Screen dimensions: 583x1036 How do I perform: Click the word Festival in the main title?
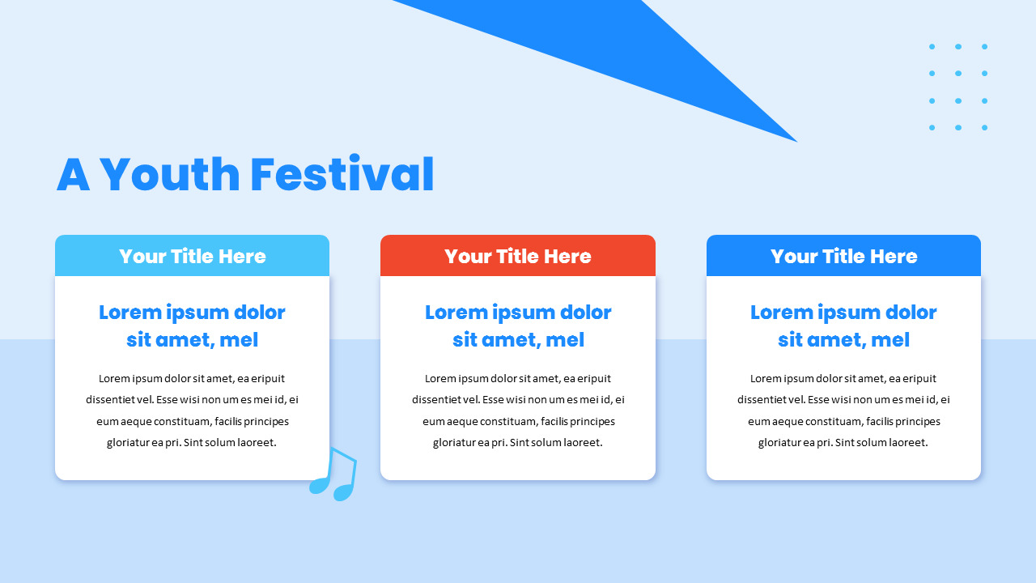tap(342, 175)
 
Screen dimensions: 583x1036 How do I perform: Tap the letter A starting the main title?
tap(73, 175)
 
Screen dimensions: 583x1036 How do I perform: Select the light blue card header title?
tap(193, 257)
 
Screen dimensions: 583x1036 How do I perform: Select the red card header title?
tap(518, 257)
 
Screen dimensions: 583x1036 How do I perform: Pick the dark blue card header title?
tap(843, 257)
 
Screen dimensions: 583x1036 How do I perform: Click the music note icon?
tap(334, 474)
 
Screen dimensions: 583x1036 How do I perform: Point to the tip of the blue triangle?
tap(795, 140)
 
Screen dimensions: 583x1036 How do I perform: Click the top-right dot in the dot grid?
tap(984, 47)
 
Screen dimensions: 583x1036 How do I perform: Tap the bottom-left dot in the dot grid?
tap(932, 127)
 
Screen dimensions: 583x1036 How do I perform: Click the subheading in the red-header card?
tap(518, 326)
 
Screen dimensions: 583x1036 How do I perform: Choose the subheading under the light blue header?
tap(193, 326)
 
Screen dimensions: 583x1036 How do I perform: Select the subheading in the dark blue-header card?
tap(843, 326)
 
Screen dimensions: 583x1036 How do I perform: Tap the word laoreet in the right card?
tap(901, 443)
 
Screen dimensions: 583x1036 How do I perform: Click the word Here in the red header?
tap(567, 257)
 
